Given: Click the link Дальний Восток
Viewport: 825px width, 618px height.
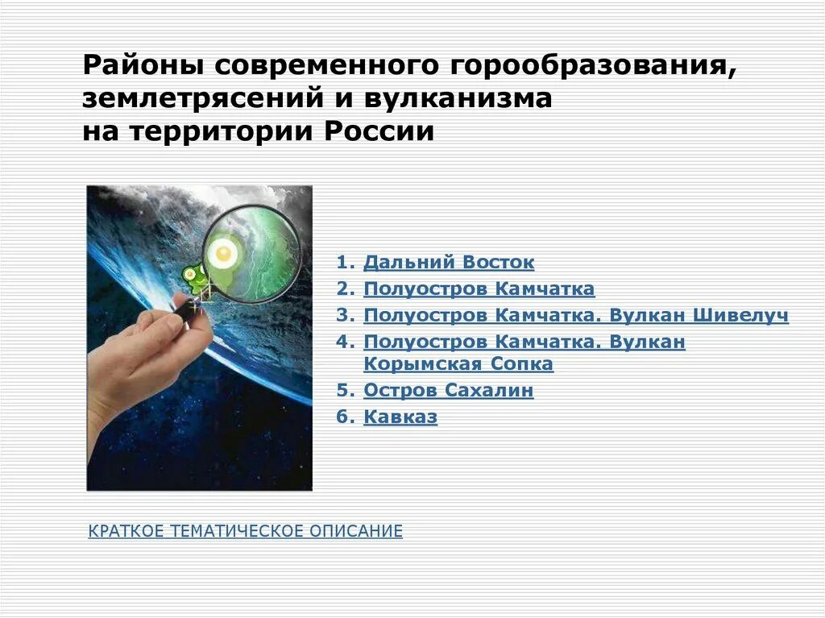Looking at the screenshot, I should point(449,263).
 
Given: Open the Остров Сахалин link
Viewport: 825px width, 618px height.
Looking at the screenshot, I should point(449,391).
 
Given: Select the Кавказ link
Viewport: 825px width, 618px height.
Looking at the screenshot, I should point(400,417).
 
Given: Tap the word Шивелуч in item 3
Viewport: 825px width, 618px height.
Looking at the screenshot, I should point(739,315).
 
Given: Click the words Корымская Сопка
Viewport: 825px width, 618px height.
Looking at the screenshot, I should point(458,364).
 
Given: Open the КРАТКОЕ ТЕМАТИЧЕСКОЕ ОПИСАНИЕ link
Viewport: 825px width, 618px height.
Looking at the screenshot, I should point(245,531).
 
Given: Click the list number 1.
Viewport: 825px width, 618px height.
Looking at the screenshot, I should point(345,263).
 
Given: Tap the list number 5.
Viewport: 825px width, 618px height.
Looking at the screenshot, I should point(345,391).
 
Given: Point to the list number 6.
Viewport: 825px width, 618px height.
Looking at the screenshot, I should point(345,417).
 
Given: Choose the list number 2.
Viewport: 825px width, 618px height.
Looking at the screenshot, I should point(345,288).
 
